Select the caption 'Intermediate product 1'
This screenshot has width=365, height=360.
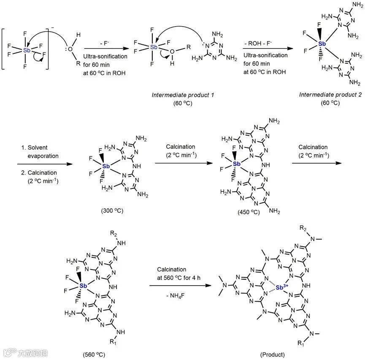pos(177,95)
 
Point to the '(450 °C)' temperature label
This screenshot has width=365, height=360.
pos(249,211)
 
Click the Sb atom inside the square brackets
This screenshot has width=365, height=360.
pos(27,50)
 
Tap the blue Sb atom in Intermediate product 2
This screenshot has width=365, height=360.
pos(322,44)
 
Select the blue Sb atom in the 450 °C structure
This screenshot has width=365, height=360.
pos(237,164)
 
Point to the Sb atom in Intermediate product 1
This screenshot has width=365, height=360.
pos(154,47)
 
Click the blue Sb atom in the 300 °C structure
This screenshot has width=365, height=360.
pos(105,166)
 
